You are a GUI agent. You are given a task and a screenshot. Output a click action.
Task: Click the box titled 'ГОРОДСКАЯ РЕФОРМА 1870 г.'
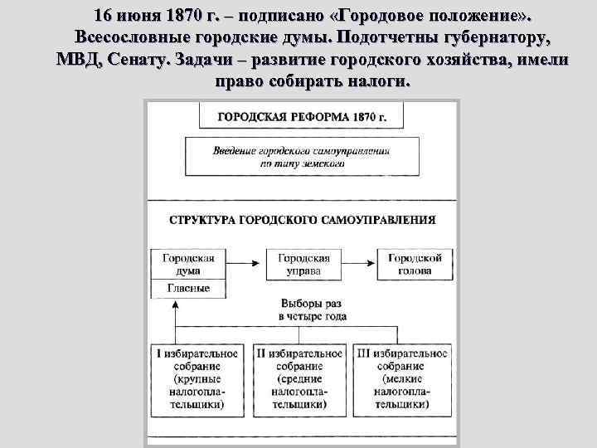(x=302, y=117)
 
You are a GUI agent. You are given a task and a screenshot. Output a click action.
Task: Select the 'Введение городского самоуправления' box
(x=302, y=158)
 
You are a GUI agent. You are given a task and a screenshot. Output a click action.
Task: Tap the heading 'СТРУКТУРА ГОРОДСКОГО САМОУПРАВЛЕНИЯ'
(x=302, y=221)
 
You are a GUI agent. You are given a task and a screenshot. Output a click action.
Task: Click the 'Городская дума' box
(x=188, y=265)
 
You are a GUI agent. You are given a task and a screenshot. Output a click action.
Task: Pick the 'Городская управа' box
(x=303, y=265)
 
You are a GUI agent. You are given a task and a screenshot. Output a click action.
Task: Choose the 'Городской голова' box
(x=415, y=265)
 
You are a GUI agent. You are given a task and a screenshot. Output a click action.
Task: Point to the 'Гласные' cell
(x=188, y=289)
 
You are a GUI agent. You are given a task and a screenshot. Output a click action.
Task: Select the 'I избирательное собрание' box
(x=198, y=379)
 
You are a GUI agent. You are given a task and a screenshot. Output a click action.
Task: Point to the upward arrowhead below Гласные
(x=176, y=304)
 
